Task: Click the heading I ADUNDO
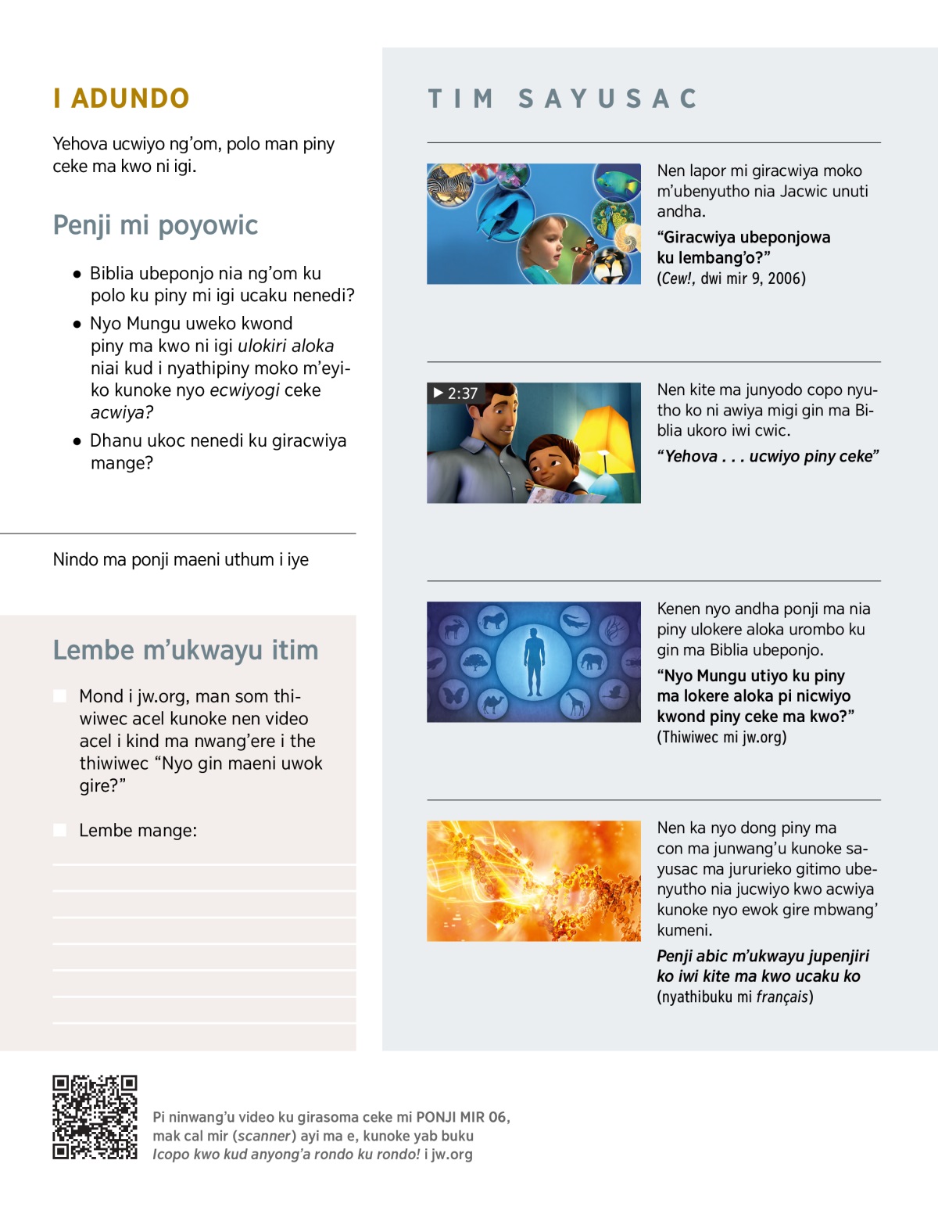[121, 99]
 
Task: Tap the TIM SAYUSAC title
[563, 99]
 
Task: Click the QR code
[95, 1116]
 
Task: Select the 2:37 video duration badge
[455, 393]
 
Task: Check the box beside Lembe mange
[59, 830]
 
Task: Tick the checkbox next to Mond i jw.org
[59, 696]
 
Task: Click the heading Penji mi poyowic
[155, 225]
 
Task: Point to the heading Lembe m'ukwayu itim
[185, 650]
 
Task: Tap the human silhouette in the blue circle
[535, 662]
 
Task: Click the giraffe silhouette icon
[575, 706]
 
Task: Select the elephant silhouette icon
[592, 662]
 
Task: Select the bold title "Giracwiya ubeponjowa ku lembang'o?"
[743, 247]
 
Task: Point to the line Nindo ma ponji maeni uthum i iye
[181, 559]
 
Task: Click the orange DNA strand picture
[534, 881]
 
